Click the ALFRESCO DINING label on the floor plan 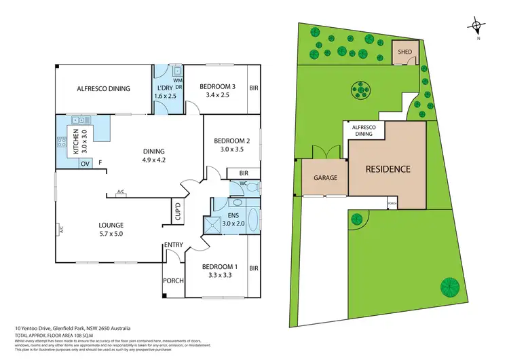coord(103,88)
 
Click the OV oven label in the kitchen coord(86,164)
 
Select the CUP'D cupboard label coord(178,213)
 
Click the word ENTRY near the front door coord(172,246)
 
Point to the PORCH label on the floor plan coord(172,281)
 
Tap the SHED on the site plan coord(404,52)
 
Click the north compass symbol coord(478,27)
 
